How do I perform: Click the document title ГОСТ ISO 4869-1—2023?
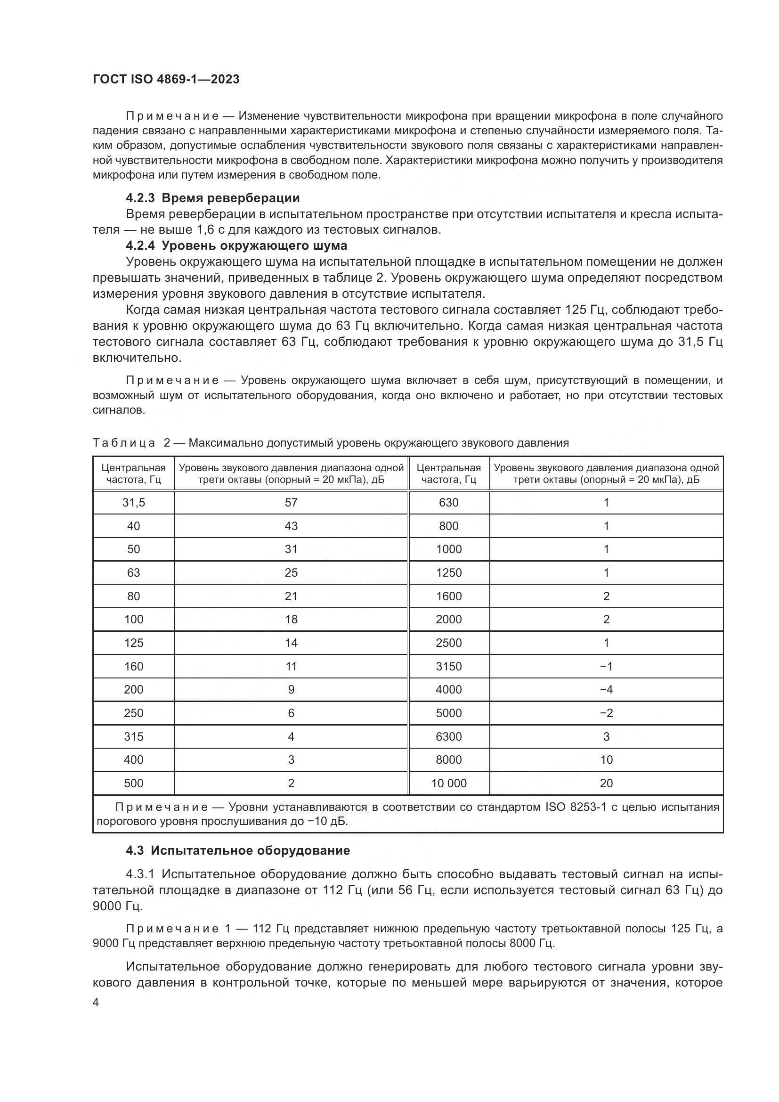(166, 80)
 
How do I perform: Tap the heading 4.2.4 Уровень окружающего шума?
(236, 246)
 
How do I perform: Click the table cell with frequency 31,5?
(133, 503)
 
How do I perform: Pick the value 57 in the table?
(291, 503)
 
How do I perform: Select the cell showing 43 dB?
(291, 526)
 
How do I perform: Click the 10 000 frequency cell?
(448, 784)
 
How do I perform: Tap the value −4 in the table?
(606, 690)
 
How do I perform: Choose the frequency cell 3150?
(448, 666)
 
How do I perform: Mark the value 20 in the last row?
(606, 784)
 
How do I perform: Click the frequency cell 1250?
(448, 572)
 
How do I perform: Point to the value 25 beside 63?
(291, 572)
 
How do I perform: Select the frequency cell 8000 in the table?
(448, 760)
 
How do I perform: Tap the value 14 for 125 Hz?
(291, 643)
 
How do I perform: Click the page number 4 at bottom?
(96, 1003)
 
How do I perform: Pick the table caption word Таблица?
(124, 443)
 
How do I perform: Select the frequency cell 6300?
(448, 737)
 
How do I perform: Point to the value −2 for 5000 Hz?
(606, 713)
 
